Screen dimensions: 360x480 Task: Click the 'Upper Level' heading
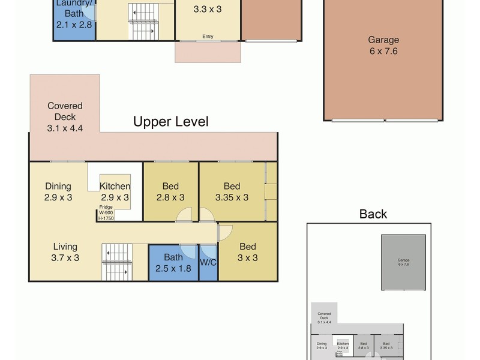click(x=170, y=122)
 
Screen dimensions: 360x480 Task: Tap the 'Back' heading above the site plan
click(x=373, y=214)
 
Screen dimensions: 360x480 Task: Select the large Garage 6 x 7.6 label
click(x=383, y=46)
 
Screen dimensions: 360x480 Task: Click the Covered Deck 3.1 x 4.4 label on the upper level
click(x=65, y=116)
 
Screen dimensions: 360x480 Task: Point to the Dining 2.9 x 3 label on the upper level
click(x=58, y=191)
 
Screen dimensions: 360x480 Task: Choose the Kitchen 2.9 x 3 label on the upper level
click(x=115, y=191)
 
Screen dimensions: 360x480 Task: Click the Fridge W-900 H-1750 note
click(x=106, y=212)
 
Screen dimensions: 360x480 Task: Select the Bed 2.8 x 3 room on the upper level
click(x=170, y=191)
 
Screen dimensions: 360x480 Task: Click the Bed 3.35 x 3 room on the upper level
click(x=232, y=191)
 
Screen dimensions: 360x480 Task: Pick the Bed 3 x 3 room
click(x=248, y=252)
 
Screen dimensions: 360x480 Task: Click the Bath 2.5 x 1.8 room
click(x=173, y=263)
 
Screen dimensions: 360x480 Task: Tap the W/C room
click(x=208, y=262)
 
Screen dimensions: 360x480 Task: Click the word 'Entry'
click(x=208, y=37)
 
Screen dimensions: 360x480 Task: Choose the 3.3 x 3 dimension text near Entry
click(x=208, y=10)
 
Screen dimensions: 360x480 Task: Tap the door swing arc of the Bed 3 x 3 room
click(x=226, y=235)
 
